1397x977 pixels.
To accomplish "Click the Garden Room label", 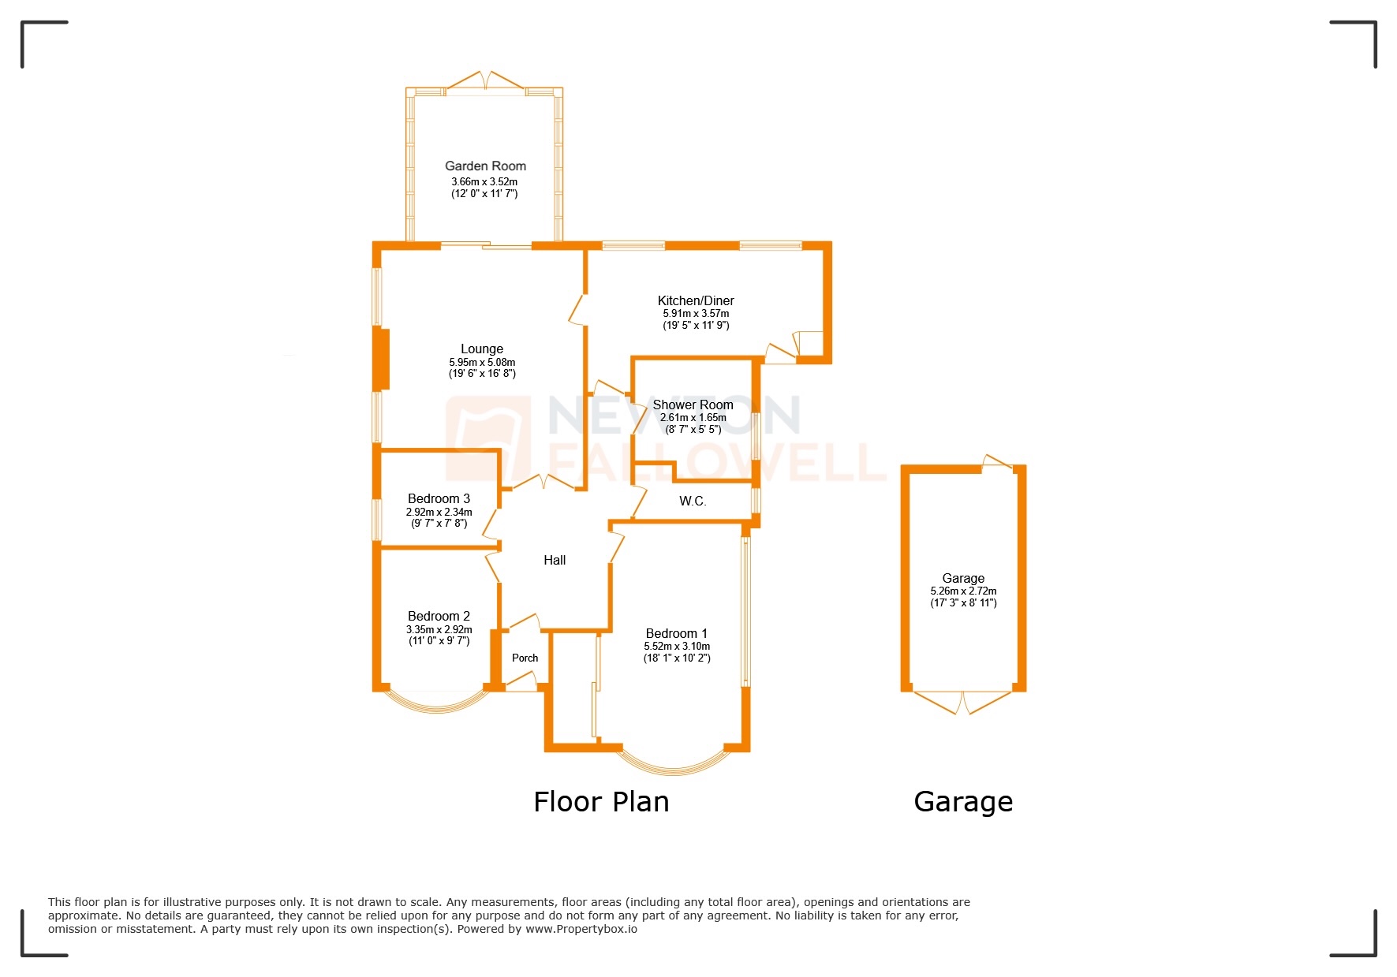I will pyautogui.click(x=485, y=166).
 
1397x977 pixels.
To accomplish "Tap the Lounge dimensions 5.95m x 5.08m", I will pyautogui.click(x=482, y=363).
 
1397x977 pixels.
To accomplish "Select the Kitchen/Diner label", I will pyautogui.click(x=696, y=300).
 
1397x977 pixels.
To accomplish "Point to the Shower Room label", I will pyautogui.click(x=693, y=405).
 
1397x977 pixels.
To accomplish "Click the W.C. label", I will pyautogui.click(x=693, y=502).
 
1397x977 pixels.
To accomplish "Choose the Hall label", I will pyautogui.click(x=555, y=560).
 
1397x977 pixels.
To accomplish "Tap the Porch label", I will pyautogui.click(x=525, y=658).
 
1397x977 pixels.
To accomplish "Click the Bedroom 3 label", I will pyautogui.click(x=439, y=498).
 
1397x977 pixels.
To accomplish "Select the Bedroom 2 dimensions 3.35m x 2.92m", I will pyautogui.click(x=439, y=629).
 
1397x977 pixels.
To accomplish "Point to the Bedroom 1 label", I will pyautogui.click(x=676, y=633).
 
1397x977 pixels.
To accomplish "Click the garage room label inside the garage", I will pyautogui.click(x=963, y=578).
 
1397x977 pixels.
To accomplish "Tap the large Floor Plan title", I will pyautogui.click(x=601, y=802).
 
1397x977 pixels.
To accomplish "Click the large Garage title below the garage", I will pyautogui.click(x=963, y=802).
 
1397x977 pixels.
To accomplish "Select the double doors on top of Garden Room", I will pyautogui.click(x=485, y=80).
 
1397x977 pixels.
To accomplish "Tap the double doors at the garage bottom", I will pyautogui.click(x=962, y=702).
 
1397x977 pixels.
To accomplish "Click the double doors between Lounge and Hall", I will pyautogui.click(x=543, y=482).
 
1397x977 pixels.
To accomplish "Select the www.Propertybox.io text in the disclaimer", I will pyautogui.click(x=581, y=929).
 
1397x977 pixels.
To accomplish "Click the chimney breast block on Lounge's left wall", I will pyautogui.click(x=383, y=360).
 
